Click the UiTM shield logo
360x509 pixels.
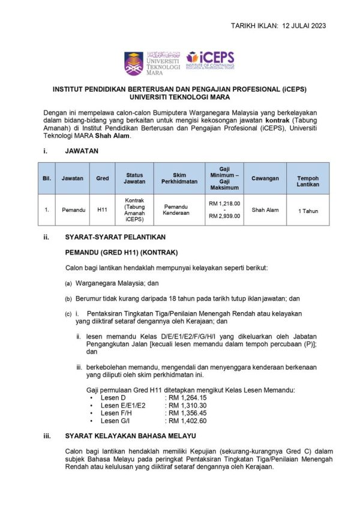[x=134, y=64]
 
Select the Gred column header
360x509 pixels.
[x=102, y=178]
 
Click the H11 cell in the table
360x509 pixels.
[x=102, y=211]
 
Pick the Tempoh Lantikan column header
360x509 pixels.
[x=308, y=178]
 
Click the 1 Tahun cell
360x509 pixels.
[x=308, y=211]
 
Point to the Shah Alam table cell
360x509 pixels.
[x=265, y=211]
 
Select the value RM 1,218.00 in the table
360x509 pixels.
[x=224, y=203]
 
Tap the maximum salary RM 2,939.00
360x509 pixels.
[x=224, y=217]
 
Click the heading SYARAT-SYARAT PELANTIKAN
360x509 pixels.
[x=110, y=237]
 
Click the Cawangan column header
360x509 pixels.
[x=265, y=178]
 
